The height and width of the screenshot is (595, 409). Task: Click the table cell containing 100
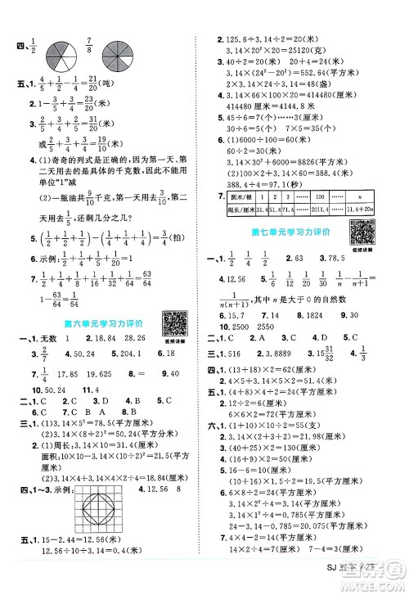[x=317, y=197]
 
